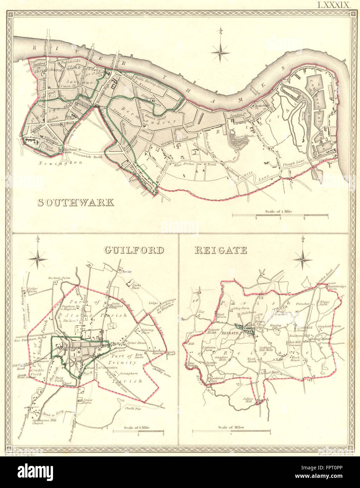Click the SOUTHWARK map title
(76, 203)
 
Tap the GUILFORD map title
(134, 250)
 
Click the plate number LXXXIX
(332, 5)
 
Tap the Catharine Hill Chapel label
(33, 421)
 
